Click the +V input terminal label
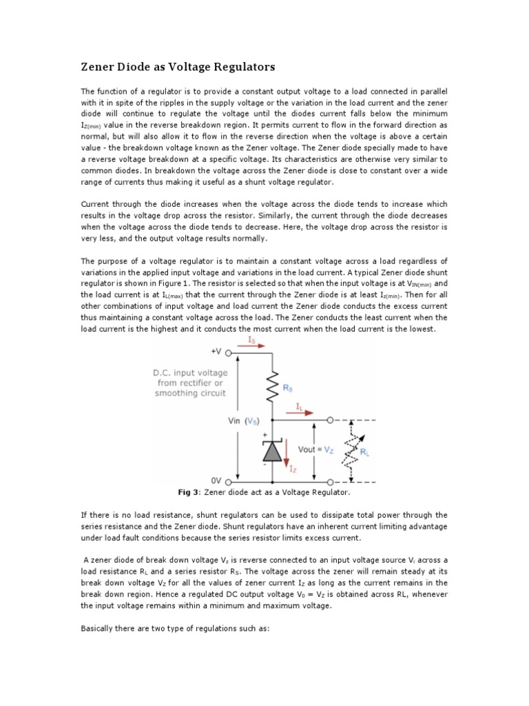pyautogui.click(x=218, y=352)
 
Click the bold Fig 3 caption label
pyautogui.click(x=189, y=493)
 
